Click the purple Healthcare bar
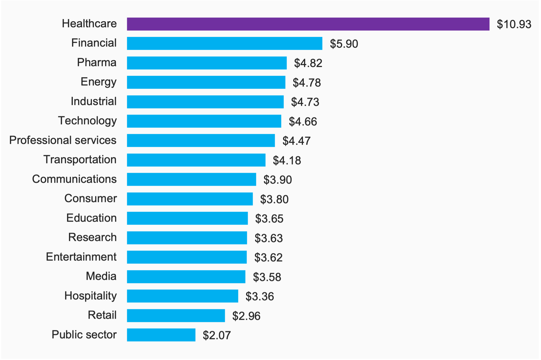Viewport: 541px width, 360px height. pos(308,24)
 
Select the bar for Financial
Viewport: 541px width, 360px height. pos(225,44)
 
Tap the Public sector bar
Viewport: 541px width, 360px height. pos(161,335)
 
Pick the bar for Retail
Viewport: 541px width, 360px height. pos(176,316)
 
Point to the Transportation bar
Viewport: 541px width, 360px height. pos(196,160)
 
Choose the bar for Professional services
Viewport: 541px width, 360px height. pos(201,141)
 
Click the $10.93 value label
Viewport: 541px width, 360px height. pos(514,24)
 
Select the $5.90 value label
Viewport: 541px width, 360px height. pos(344,44)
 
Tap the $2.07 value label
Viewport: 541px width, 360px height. pos(217,335)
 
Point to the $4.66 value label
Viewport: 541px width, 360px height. pos(303,122)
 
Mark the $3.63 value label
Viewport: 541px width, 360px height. pos(268,238)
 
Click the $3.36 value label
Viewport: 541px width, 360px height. pos(260,297)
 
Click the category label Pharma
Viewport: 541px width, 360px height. pos(97,63)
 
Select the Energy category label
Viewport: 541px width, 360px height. pos(98,82)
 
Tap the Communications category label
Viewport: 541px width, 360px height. pos(74,179)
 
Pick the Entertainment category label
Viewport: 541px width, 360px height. pos(81,257)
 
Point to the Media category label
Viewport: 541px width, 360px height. pos(101,276)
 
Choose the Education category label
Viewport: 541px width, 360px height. pos(91,218)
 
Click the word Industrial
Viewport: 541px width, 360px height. pos(94,101)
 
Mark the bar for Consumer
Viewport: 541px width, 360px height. pos(190,199)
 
